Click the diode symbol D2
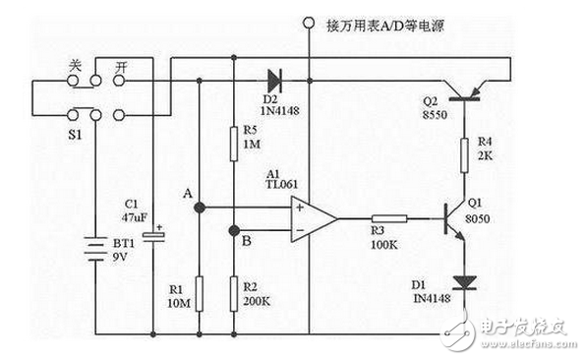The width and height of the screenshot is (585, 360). (273, 76)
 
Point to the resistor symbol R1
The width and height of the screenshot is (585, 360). (200, 291)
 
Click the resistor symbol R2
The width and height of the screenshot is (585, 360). (234, 291)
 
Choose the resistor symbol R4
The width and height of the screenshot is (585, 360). (462, 153)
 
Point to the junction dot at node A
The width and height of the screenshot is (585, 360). (200, 208)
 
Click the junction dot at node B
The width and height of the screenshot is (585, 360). (234, 231)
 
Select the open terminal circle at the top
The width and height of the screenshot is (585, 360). (309, 21)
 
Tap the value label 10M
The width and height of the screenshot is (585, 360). (177, 304)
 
